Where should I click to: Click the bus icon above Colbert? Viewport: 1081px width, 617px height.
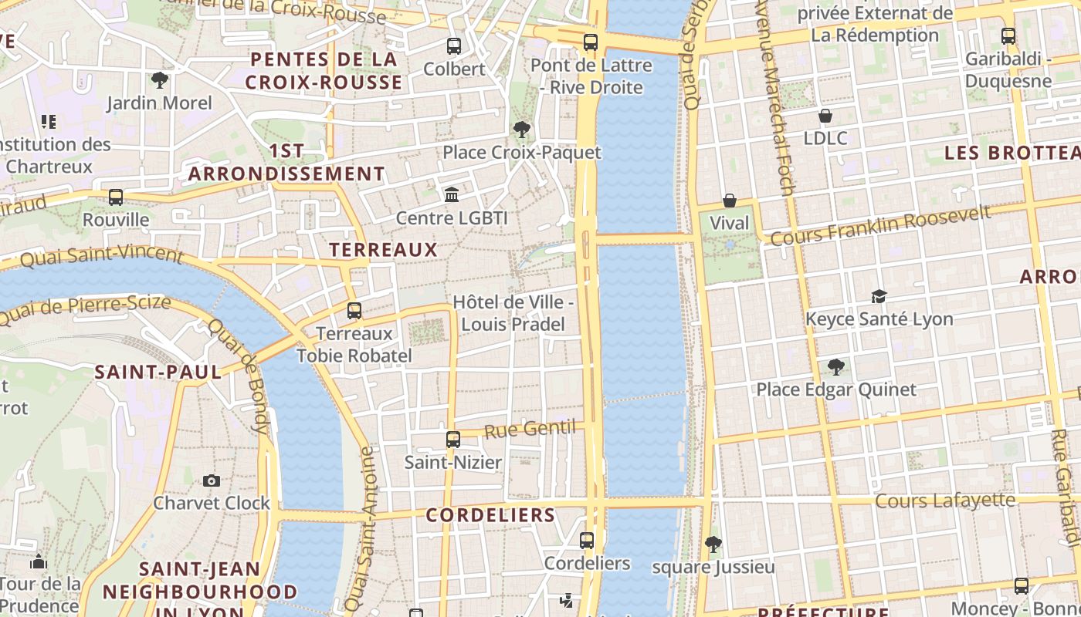point(454,46)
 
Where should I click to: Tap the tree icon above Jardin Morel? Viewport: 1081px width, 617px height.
point(159,79)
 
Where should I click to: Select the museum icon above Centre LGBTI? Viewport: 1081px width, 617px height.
point(452,194)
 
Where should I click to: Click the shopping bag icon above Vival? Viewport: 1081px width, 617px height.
point(729,201)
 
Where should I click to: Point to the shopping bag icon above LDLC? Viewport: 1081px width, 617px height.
point(825,116)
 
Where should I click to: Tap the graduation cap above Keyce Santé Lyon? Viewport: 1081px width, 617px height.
point(879,296)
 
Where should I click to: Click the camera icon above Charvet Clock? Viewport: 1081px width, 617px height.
point(212,480)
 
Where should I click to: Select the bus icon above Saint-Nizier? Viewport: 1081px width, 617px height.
point(453,440)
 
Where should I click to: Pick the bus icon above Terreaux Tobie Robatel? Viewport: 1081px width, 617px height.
point(354,311)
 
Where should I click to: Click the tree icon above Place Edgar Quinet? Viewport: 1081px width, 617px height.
point(835,366)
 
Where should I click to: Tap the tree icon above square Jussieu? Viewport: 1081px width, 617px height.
point(713,545)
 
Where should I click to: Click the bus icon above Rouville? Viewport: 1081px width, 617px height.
point(116,197)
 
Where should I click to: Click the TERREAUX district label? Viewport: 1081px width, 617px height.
point(383,249)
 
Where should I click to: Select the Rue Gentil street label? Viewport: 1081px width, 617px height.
point(530,429)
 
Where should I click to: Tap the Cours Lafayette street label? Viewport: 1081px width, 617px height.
point(944,501)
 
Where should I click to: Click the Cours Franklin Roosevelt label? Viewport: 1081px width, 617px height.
point(880,225)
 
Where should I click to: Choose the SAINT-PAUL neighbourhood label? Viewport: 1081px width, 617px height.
point(158,372)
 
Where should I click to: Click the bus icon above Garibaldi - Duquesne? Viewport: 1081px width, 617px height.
point(1008,35)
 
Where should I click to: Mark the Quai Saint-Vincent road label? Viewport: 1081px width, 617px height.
point(101,256)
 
